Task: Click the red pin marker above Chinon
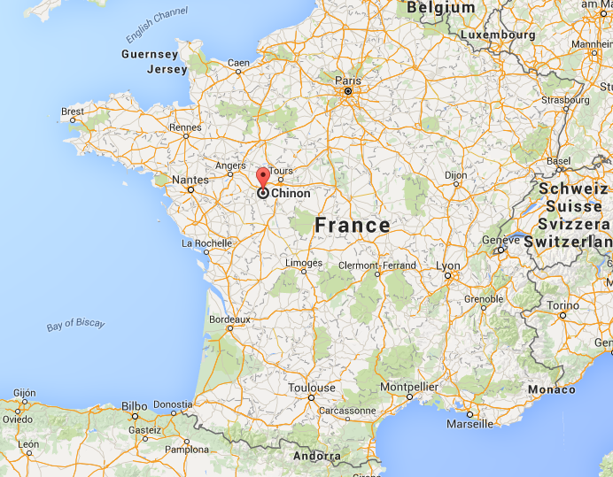coord(263,177)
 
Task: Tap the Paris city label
coord(348,80)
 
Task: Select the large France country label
coord(352,225)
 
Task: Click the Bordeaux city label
coord(229,319)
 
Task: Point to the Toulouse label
coord(311,388)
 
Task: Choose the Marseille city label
coord(469,424)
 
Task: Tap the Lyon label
coord(448,265)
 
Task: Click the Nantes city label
coord(190,180)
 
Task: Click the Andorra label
coord(316,457)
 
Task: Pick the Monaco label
coord(551,389)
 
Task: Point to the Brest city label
coord(73,112)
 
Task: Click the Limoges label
coord(305,263)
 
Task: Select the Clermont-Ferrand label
coord(377,265)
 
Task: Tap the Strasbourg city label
coord(565,100)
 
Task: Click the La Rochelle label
coord(207,242)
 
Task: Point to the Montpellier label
coord(409,387)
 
